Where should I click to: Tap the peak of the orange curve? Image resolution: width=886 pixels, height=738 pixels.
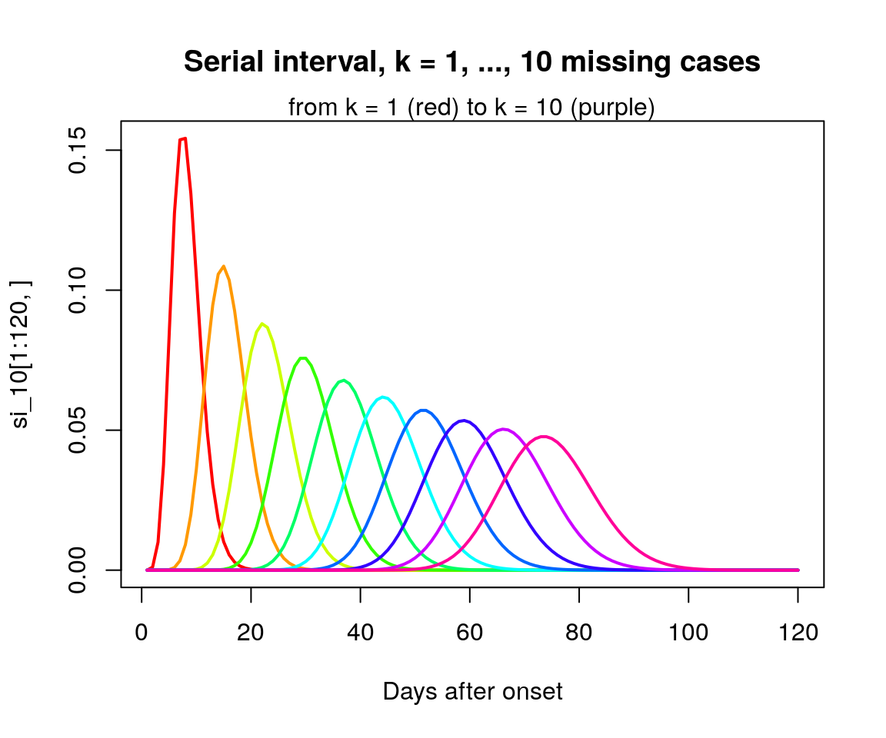click(x=224, y=267)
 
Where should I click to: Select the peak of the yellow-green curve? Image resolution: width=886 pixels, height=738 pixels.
click(x=262, y=324)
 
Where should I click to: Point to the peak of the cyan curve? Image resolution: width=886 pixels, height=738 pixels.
click(x=382, y=397)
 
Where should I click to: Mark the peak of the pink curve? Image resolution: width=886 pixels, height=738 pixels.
click(x=545, y=437)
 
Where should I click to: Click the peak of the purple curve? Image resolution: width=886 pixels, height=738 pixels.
click(x=503, y=429)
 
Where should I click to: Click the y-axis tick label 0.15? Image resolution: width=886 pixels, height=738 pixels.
click(x=77, y=150)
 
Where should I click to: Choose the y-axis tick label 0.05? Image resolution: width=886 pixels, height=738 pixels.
click(x=77, y=430)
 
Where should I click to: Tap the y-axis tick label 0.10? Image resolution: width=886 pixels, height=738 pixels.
click(x=77, y=290)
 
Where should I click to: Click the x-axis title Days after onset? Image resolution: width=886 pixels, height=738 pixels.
click(x=472, y=692)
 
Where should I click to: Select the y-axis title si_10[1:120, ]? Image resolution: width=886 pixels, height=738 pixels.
click(x=22, y=354)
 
